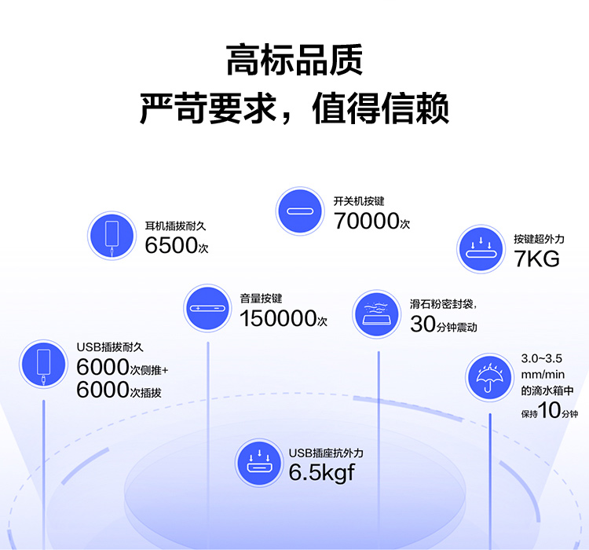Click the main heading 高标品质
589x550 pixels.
pyautogui.click(x=294, y=60)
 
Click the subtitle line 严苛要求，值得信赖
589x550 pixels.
pyautogui.click(x=294, y=108)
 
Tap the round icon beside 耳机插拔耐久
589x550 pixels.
pyautogui.click(x=112, y=236)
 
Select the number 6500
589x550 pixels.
pyautogui.click(x=171, y=245)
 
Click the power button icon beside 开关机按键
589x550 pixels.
pyautogui.click(x=300, y=211)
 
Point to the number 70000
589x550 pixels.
pyautogui.click(x=366, y=221)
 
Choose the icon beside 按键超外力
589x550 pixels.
pyautogui.click(x=481, y=249)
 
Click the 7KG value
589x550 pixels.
pyautogui.click(x=537, y=258)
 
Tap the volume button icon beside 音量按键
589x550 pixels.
pyautogui.click(x=208, y=308)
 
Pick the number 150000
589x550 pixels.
pyautogui.click(x=278, y=318)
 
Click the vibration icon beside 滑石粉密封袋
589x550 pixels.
pyautogui.click(x=376, y=314)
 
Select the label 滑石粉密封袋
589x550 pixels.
pyautogui.click(x=441, y=304)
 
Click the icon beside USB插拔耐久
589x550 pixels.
pyautogui.click(x=43, y=364)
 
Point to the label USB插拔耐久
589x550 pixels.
pyautogui.click(x=110, y=347)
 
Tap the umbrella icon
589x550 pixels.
pyautogui.click(x=489, y=377)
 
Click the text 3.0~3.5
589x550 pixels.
pyautogui.click(x=541, y=358)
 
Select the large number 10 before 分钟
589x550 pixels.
pyautogui.click(x=550, y=410)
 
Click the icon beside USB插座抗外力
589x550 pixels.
pyautogui.click(x=259, y=463)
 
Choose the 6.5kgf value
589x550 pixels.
pyautogui.click(x=321, y=472)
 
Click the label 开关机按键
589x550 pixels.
pyautogui.click(x=359, y=201)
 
